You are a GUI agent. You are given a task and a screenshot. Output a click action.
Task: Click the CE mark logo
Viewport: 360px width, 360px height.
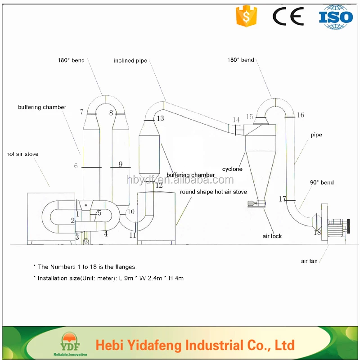point(288,17)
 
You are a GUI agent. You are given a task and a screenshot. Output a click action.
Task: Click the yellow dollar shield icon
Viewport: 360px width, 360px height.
point(246,17)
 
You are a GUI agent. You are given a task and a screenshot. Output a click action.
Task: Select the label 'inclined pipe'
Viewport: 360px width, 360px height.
point(130,61)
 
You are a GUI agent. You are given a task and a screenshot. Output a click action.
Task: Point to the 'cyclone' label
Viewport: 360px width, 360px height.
point(232,169)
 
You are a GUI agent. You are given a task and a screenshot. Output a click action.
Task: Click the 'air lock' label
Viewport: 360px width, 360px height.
point(272,236)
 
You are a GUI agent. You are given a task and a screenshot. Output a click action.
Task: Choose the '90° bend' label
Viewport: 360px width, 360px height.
point(322,183)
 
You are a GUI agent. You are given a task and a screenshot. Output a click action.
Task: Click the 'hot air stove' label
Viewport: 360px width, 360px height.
point(22,154)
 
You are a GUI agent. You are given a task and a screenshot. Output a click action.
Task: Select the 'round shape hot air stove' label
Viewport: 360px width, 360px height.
point(213,192)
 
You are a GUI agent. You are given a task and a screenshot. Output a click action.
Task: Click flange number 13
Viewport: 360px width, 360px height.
point(160,118)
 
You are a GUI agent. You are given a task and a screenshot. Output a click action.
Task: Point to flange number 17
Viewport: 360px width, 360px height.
point(283,199)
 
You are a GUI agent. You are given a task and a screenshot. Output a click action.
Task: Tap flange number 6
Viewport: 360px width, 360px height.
point(76,166)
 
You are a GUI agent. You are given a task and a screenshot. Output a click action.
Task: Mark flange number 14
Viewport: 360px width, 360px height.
point(237,119)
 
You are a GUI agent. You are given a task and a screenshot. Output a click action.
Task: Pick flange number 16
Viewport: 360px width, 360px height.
point(300,115)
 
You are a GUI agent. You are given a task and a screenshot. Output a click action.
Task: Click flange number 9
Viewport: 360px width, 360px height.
point(121,164)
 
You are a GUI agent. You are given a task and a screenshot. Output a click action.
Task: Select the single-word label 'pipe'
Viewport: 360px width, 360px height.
point(316,135)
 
